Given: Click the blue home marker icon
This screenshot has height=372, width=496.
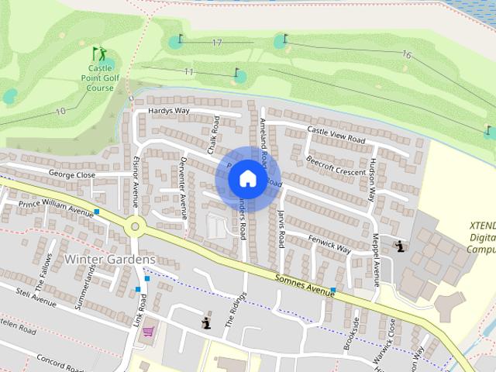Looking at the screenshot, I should point(247,179).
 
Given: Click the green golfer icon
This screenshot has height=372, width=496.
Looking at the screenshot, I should point(98,54).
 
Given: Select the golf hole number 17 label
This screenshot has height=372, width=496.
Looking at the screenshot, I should point(217,43).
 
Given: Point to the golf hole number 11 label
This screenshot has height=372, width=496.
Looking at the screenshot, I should point(189,72).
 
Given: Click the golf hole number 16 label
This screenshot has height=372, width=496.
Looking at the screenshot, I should point(406,54).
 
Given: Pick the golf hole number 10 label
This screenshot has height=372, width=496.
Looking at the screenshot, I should point(60,112).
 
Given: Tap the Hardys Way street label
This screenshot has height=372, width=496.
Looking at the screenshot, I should point(168,111).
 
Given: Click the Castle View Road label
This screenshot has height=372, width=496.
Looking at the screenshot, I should point(336,133).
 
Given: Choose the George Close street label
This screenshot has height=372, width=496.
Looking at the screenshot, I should point(71,175).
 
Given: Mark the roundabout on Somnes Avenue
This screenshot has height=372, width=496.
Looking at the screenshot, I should point(136,227).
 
